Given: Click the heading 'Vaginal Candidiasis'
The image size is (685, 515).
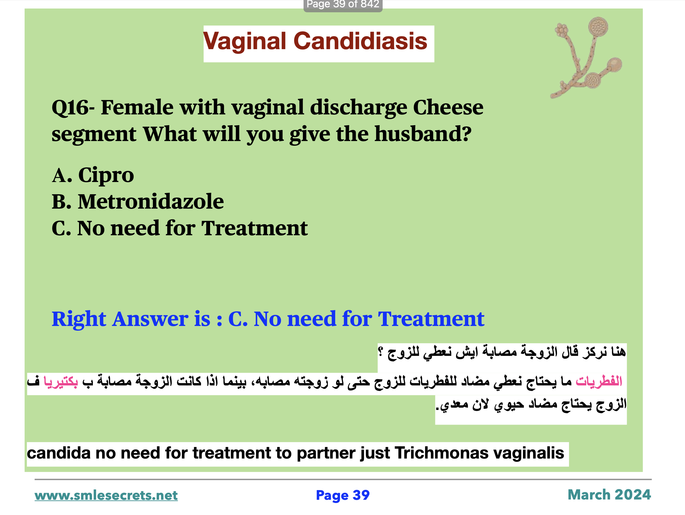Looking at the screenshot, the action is click(315, 41).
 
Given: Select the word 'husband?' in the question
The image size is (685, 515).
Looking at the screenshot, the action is click(423, 134).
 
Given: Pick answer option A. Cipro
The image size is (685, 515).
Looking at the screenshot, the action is click(93, 175).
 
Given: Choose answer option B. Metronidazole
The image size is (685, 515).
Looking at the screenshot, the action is click(137, 201).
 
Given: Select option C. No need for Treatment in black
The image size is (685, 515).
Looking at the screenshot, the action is click(180, 228).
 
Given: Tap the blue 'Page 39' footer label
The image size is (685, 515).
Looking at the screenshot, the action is click(342, 495).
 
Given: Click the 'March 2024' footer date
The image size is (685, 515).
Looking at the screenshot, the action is click(609, 495).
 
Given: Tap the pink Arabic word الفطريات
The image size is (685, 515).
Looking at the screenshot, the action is click(599, 381).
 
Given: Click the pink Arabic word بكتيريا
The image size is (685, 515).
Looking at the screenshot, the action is click(61, 381).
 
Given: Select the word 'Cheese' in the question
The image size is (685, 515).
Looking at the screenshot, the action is click(448, 107).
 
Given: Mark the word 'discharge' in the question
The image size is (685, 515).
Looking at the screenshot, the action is click(359, 108).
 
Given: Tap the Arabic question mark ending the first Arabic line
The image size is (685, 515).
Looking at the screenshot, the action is click(381, 352).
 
